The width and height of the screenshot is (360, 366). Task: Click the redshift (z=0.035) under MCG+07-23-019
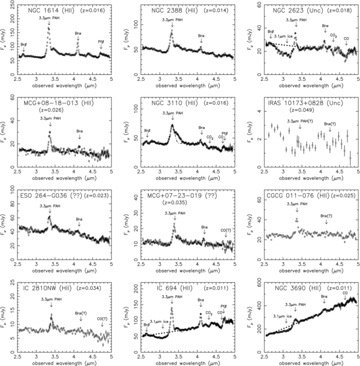(175, 203)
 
